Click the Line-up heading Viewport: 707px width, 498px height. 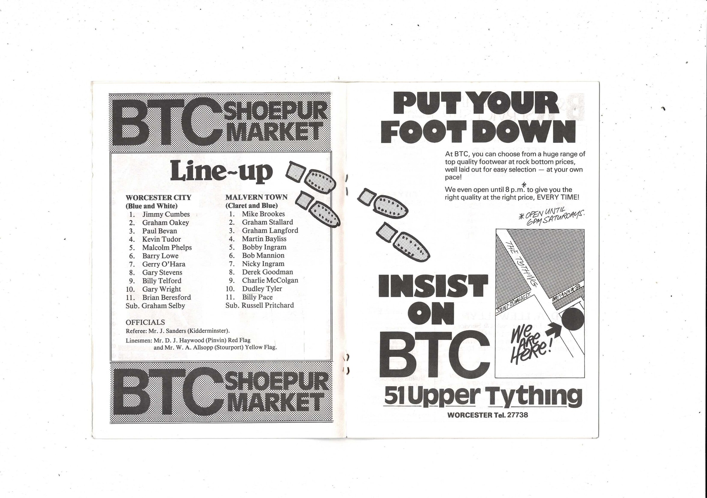[x=221, y=171]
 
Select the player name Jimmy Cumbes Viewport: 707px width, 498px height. [x=166, y=214]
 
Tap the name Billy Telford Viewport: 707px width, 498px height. [x=162, y=281]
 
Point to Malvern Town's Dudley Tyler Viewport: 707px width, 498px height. [x=262, y=289]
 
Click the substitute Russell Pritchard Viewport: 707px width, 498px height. [x=268, y=305]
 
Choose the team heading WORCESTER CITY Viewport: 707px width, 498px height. [x=158, y=198]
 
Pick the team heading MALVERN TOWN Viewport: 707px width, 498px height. [x=256, y=197]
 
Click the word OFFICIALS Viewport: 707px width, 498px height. [x=145, y=322]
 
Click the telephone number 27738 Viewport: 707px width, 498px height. [x=517, y=415]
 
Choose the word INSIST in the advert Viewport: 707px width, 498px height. [x=433, y=286]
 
